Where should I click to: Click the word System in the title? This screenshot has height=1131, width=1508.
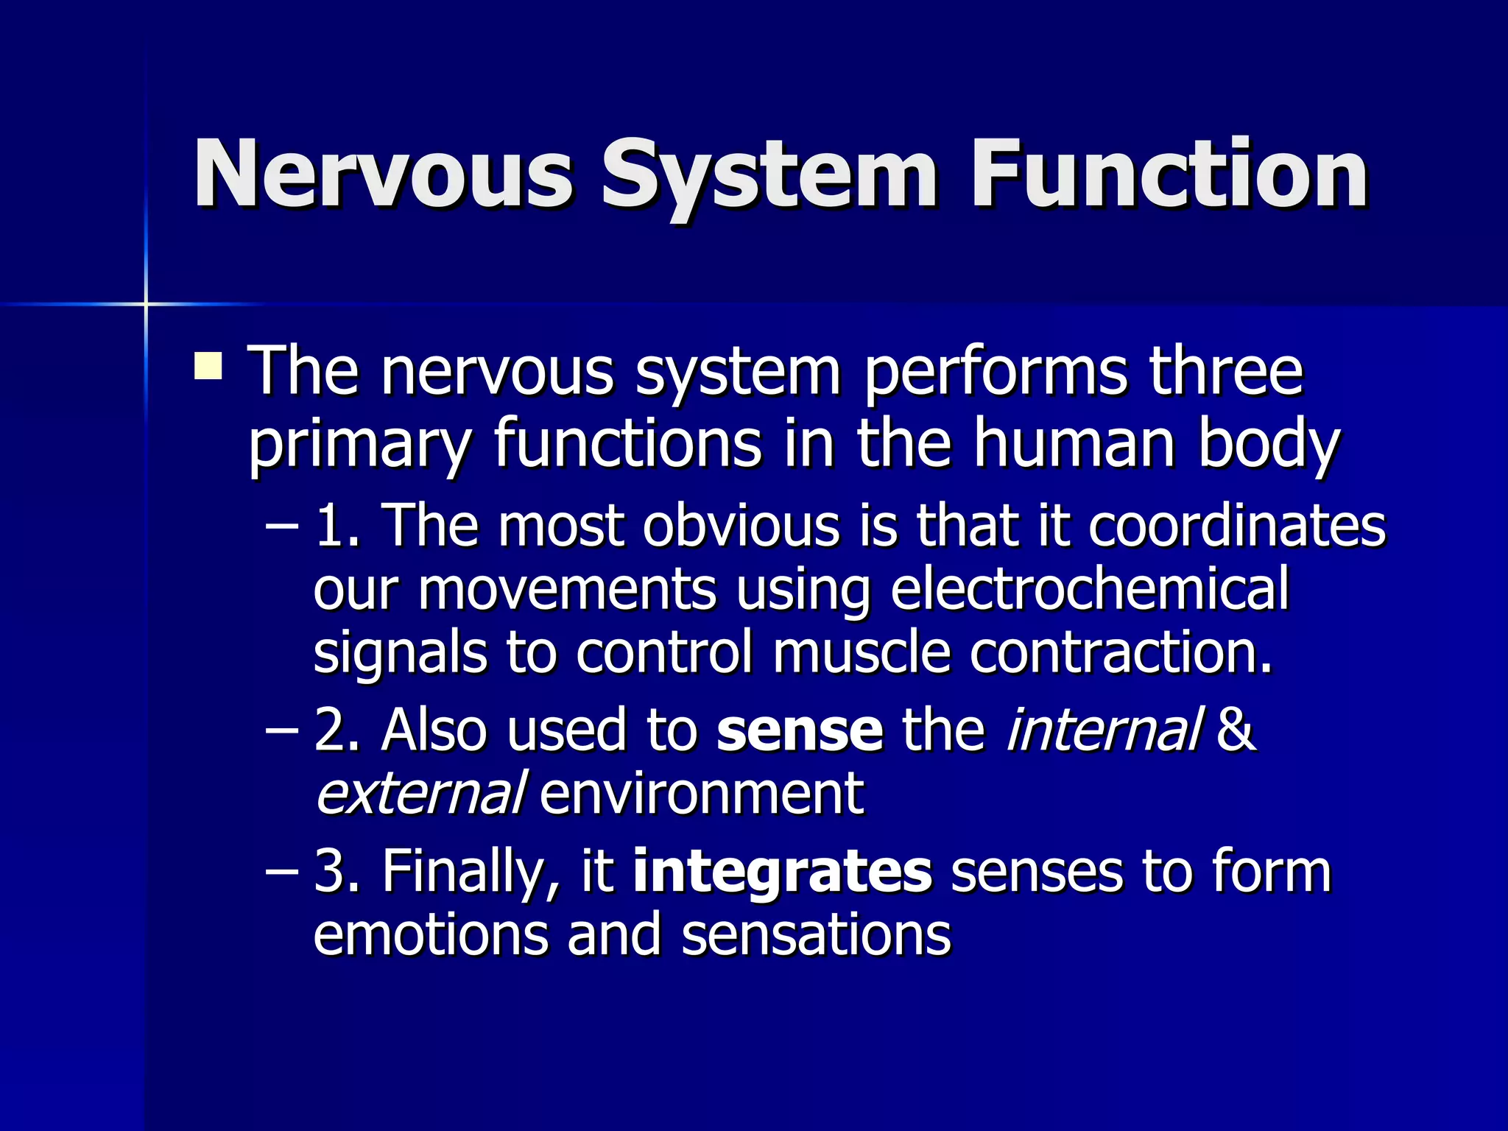click(x=769, y=175)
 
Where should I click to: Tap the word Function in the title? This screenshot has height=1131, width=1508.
click(x=1169, y=175)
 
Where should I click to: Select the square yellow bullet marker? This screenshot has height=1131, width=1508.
click(x=208, y=366)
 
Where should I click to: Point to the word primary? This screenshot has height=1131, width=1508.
click(x=359, y=445)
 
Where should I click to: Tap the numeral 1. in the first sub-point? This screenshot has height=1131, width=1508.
click(x=337, y=525)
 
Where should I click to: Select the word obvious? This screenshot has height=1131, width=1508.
click(x=741, y=525)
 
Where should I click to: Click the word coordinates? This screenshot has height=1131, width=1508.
click(x=1237, y=525)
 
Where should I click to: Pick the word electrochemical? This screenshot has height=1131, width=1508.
click(x=1090, y=589)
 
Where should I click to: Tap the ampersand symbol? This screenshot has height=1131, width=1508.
click(x=1236, y=729)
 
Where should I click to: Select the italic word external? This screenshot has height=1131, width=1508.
click(x=420, y=793)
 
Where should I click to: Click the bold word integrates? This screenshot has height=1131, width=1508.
click(x=782, y=872)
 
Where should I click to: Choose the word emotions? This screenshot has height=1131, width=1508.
click(x=431, y=934)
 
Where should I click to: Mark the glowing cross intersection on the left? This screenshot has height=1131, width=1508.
click(x=146, y=303)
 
